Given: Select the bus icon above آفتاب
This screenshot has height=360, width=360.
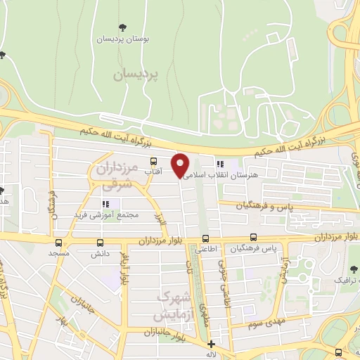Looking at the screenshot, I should (153, 161).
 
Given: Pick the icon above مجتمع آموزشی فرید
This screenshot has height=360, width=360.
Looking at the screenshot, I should (106, 204).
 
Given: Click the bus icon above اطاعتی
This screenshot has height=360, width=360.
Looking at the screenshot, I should (206, 238).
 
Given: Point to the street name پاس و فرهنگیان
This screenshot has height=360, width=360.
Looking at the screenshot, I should (263, 206).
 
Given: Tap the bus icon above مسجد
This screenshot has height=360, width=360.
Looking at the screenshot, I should (58, 242).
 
